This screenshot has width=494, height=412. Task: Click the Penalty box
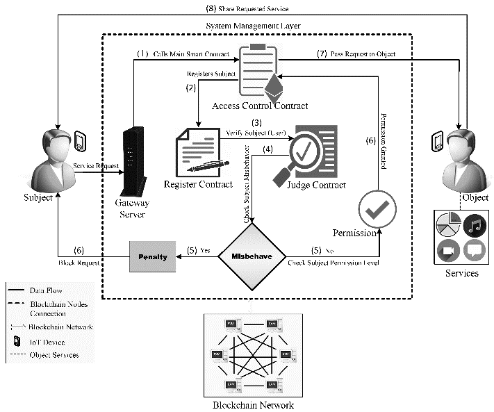coord(152,256)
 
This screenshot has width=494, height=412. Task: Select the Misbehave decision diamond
coord(252,256)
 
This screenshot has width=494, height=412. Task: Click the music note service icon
coord(475,225)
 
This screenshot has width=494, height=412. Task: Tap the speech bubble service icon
coord(475,250)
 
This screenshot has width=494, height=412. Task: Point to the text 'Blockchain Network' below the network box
coord(253,405)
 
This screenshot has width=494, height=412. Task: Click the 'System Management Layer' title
coord(256,26)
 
